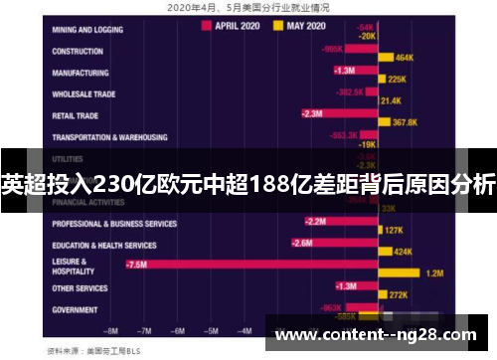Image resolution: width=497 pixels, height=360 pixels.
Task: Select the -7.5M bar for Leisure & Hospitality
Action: point(248,265)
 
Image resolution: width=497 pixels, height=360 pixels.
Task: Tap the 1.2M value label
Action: point(433,272)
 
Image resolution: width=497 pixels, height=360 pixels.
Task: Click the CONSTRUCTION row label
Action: point(78,51)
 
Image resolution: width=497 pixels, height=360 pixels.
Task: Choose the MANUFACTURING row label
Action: point(83,73)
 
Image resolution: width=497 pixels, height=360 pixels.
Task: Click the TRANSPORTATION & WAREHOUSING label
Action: point(109,137)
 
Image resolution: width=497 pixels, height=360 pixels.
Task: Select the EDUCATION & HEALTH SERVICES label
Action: point(103,245)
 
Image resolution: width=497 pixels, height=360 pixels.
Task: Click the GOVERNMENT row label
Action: point(76,309)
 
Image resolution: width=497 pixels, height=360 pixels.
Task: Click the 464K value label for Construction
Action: point(405,59)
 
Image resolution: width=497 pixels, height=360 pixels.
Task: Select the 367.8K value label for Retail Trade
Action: point(405,122)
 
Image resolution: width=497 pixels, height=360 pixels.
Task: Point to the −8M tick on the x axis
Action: point(112,330)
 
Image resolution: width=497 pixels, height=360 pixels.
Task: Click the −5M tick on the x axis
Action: point(210,330)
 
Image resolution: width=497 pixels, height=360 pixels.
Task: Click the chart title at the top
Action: point(248,6)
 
